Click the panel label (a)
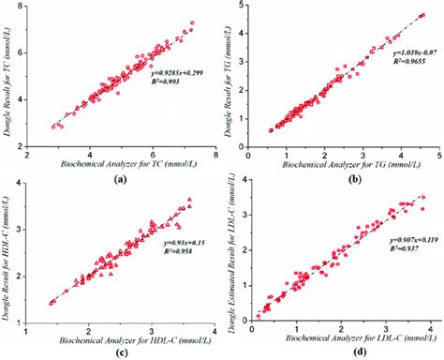click(x=120, y=174)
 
